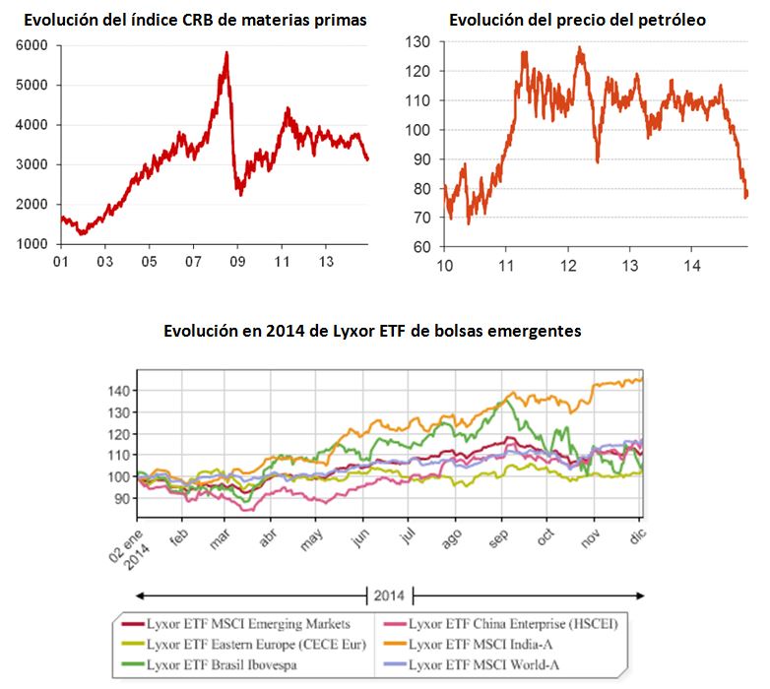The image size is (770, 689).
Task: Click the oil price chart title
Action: (577, 19)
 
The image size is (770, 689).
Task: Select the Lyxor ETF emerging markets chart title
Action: (372, 332)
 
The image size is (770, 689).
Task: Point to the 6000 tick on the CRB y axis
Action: (33, 45)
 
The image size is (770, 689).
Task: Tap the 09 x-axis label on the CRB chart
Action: (237, 262)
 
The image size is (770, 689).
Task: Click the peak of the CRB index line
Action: (227, 53)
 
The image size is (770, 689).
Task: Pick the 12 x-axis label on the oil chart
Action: (568, 265)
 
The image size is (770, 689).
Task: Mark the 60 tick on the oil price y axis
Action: (422, 247)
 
